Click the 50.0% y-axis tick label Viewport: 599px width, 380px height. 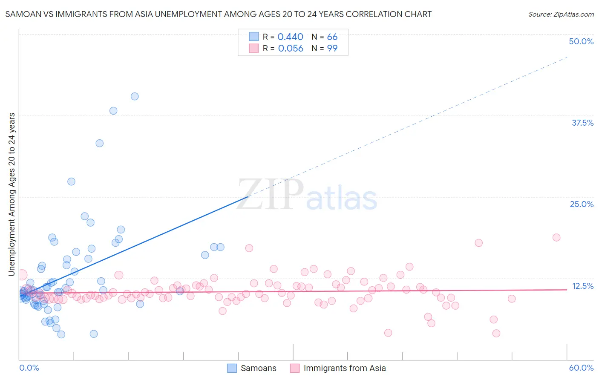click(581, 41)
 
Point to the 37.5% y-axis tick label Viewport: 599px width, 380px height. click(582, 123)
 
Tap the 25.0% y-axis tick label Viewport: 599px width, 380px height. click(582, 204)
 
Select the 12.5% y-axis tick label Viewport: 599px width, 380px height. click(582, 286)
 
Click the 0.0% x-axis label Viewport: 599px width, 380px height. click(29, 368)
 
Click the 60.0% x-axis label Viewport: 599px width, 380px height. click(581, 368)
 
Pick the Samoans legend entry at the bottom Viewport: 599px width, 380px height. click(252, 368)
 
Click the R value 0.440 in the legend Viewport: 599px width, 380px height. click(290, 37)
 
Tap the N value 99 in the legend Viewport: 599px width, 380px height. click(332, 49)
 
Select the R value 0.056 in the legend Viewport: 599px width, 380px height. click(291, 49)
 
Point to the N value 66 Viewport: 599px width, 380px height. click(332, 37)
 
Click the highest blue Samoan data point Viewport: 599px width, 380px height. click(135, 96)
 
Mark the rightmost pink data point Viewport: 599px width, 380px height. click(556, 237)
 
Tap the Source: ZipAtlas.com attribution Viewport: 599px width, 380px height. click(561, 14)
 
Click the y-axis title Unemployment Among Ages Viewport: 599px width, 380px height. click(12, 194)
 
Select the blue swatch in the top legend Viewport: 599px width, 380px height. click(254, 37)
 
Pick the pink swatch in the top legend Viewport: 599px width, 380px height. click(254, 48)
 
